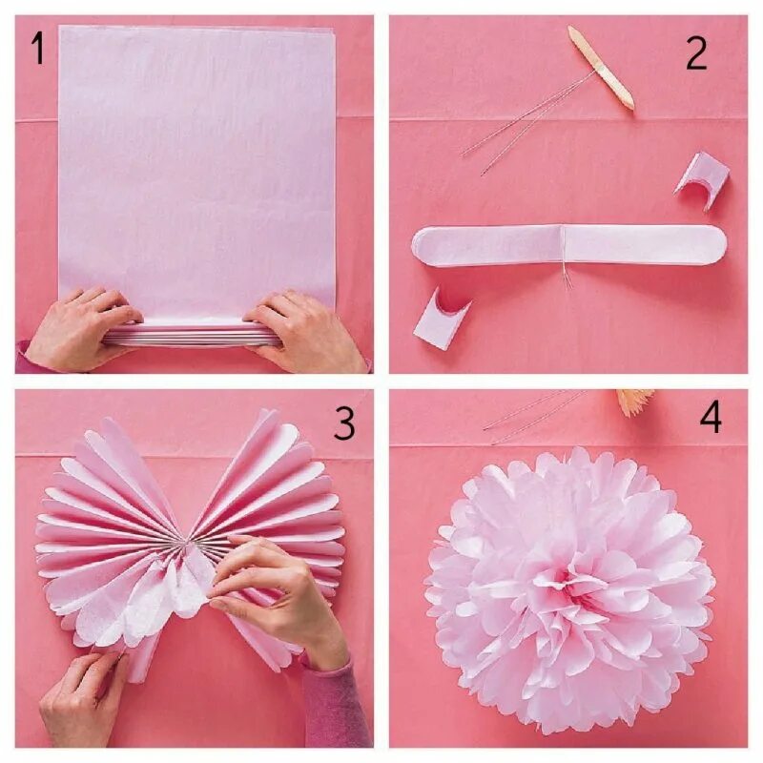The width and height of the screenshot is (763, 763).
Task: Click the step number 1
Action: click(38, 50)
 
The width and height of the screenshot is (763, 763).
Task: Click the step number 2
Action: click(696, 53)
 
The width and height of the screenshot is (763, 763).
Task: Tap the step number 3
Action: click(344, 423)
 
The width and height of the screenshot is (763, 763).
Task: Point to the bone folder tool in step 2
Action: click(602, 68)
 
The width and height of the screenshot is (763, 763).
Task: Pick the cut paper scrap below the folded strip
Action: click(441, 319)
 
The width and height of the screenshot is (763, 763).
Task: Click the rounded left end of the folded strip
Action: click(423, 246)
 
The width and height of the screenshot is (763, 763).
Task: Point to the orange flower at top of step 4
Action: click(635, 402)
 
